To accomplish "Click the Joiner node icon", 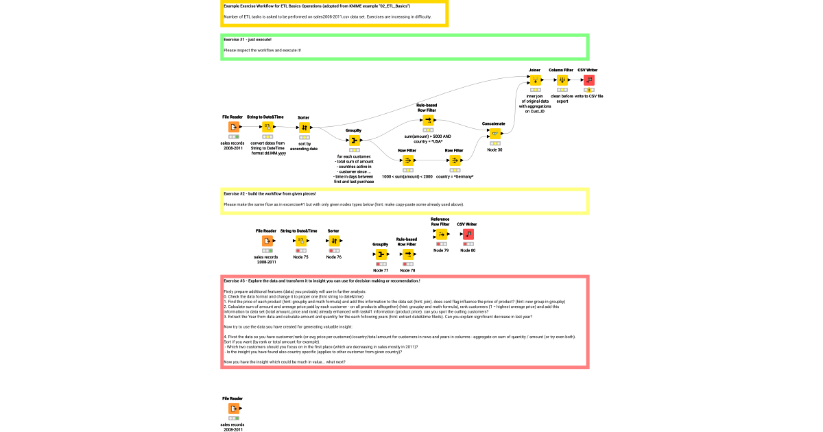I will pos(534,80).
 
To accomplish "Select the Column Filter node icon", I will pos(561,80).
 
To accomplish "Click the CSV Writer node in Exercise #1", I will pos(588,80).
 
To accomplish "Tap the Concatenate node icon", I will pos(495,134).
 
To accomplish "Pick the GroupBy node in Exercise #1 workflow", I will pos(354,141).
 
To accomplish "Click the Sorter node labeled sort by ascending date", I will pos(304,128).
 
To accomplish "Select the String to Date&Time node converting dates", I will pos(267,128).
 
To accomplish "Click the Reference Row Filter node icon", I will pos(441,235).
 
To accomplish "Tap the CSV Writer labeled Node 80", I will pos(468,235).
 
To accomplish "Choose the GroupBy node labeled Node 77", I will pos(381,255).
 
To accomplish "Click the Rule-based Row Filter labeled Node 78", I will pos(408,254).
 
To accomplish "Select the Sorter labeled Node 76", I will pos(334,241).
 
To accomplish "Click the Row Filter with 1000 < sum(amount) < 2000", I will pos(407,160).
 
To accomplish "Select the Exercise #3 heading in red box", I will pos(322,281).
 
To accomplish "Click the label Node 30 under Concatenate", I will pos(494,149).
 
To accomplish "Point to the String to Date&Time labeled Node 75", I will pos(300,241).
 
